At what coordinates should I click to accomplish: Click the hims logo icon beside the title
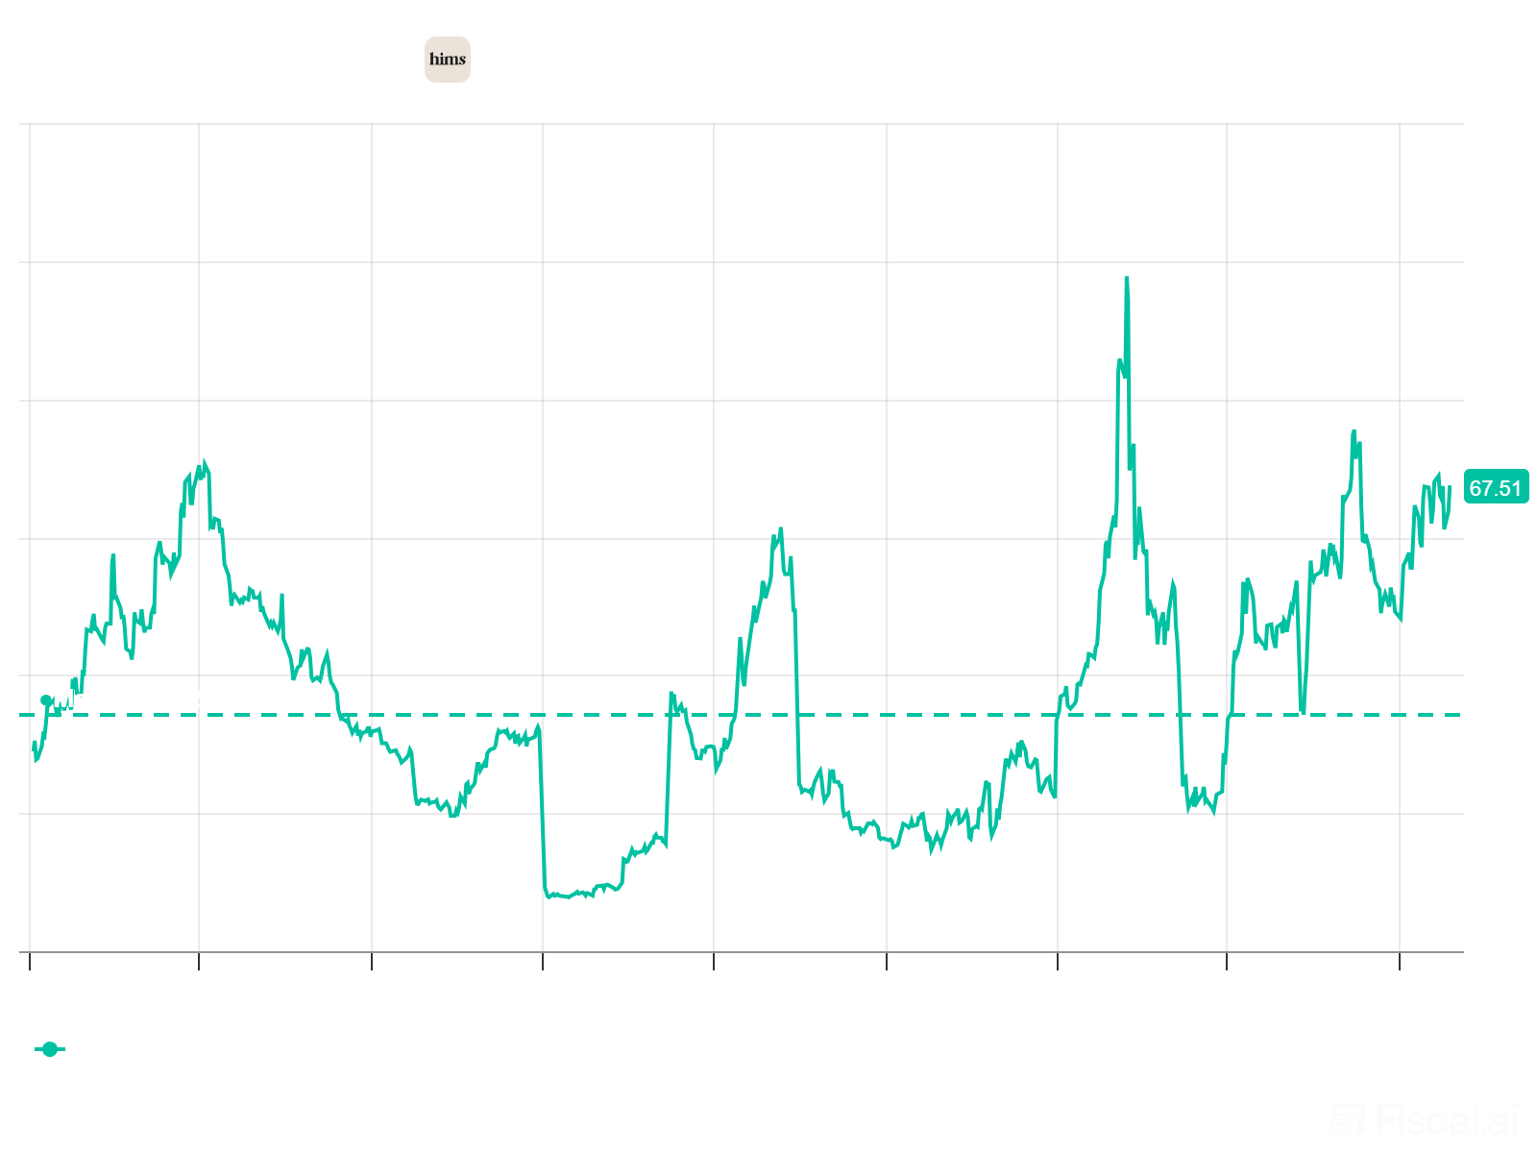click(448, 59)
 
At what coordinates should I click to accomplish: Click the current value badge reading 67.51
click(1495, 488)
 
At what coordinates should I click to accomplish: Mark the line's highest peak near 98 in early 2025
click(1126, 279)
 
